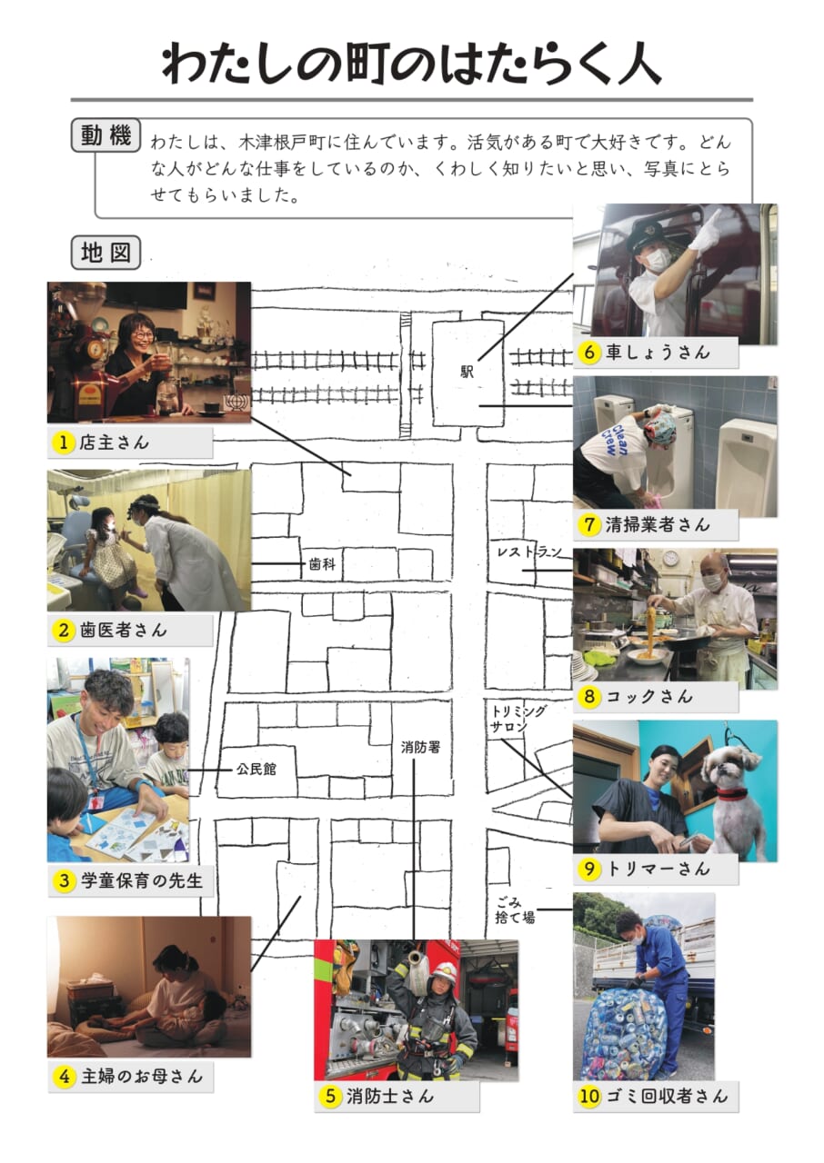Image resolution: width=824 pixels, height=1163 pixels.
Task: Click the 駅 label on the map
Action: point(467,372)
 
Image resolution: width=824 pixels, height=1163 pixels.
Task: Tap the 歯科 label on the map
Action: point(322,564)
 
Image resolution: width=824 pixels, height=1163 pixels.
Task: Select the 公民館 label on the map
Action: point(256,769)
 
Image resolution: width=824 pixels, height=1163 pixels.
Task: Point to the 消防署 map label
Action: point(420,747)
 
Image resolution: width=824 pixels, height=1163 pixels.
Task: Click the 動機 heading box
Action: point(106,135)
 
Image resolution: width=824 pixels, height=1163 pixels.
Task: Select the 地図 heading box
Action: point(106,253)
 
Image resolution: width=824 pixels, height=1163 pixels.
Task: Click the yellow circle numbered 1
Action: point(64,442)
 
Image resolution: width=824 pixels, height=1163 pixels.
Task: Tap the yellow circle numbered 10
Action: point(589,1096)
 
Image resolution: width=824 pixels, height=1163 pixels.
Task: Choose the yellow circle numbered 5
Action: point(331,1096)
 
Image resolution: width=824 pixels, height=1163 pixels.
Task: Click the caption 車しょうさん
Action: point(658,353)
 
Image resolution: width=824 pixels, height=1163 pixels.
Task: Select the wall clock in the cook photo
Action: point(670,558)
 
